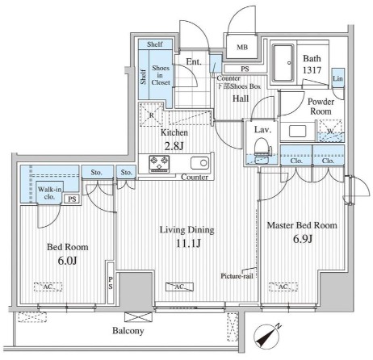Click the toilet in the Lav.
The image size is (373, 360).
pyautogui.click(x=262, y=151)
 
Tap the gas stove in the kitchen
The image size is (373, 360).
pyautogui.click(x=159, y=164)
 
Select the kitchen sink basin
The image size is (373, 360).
pyautogui.click(x=199, y=163)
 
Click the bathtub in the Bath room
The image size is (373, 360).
pyautogui.click(x=283, y=63)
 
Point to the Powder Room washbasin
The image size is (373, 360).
pyautogui.click(x=297, y=132)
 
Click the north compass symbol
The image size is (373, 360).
pyautogui.click(x=268, y=336)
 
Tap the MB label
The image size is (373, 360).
pyautogui.click(x=242, y=48)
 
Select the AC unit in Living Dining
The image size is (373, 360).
pyautogui.click(x=179, y=287)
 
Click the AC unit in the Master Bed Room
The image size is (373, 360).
pyautogui.click(x=283, y=287)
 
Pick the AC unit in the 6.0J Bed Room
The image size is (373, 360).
pyautogui.click(x=48, y=287)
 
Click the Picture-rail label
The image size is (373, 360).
pyautogui.click(x=237, y=276)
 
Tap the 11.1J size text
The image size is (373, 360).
pyautogui.click(x=188, y=244)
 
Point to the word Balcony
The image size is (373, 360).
pyautogui.click(x=128, y=331)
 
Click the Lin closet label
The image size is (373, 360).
pyautogui.click(x=337, y=78)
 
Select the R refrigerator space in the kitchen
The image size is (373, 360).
pyautogui.click(x=152, y=115)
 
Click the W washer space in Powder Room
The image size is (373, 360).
pyautogui.click(x=330, y=131)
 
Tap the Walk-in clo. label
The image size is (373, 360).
pyautogui.click(x=49, y=193)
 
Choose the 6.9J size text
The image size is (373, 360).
pyautogui.click(x=303, y=239)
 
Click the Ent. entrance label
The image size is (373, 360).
pyautogui.click(x=194, y=62)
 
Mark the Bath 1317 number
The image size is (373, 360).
pyautogui.click(x=312, y=70)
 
